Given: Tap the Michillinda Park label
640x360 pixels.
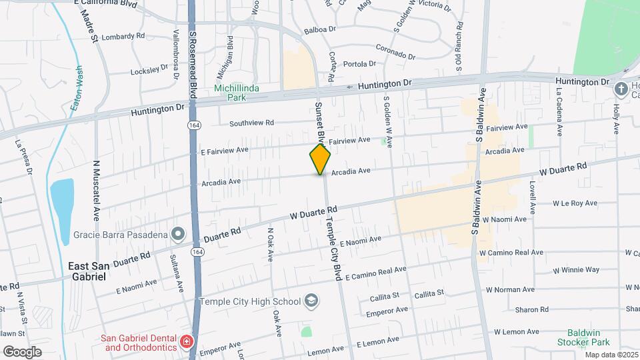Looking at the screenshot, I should pyautogui.click(x=231, y=93).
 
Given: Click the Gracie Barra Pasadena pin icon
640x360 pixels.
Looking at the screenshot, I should pyautogui.click(x=177, y=234).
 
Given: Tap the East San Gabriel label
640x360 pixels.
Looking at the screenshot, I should pyautogui.click(x=87, y=271).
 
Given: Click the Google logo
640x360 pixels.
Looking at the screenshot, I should pyautogui.click(x=22, y=352).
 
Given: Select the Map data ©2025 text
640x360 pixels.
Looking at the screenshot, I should pyautogui.click(x=610, y=355).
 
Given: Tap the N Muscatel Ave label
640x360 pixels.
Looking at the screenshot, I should pyautogui.click(x=96, y=191).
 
